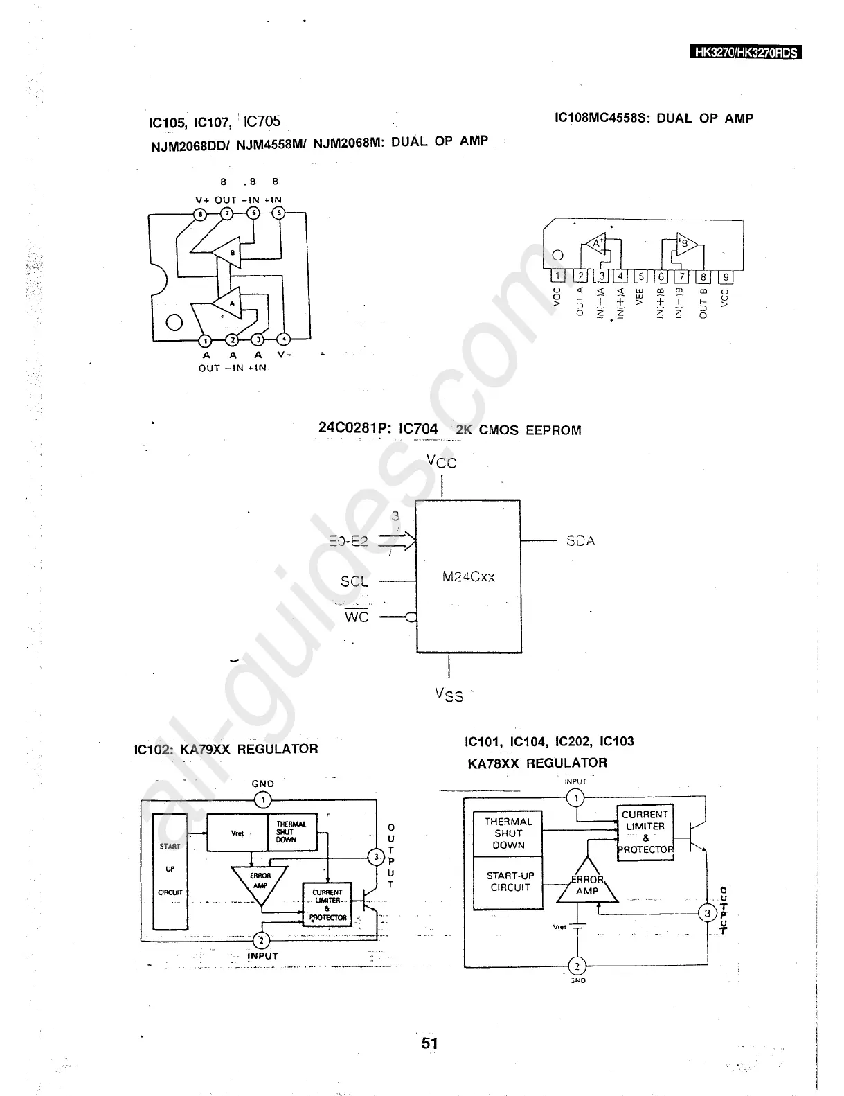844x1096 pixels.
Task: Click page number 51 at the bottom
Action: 429,1043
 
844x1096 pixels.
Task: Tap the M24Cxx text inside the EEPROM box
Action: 468,576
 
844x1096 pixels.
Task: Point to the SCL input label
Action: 354,582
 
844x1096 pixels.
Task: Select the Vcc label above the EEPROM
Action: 442,461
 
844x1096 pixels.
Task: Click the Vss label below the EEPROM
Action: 449,694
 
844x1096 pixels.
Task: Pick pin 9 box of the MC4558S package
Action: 725,277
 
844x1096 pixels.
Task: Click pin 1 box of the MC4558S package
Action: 558,277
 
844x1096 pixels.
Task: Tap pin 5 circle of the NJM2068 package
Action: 278,213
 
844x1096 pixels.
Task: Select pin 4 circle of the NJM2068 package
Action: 283,339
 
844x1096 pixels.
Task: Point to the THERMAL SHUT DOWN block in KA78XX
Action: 508,833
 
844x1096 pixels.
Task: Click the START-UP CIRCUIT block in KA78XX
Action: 509,882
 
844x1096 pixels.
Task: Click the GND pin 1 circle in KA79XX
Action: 262,801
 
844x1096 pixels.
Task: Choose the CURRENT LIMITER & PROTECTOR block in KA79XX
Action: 327,905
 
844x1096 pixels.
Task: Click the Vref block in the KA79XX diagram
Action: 237,833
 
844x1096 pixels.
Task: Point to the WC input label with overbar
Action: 357,616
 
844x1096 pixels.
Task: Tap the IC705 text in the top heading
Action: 262,121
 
